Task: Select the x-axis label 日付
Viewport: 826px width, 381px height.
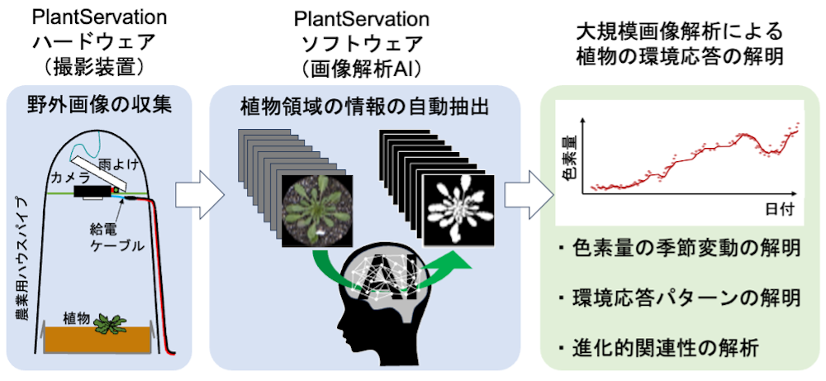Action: coord(776,209)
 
